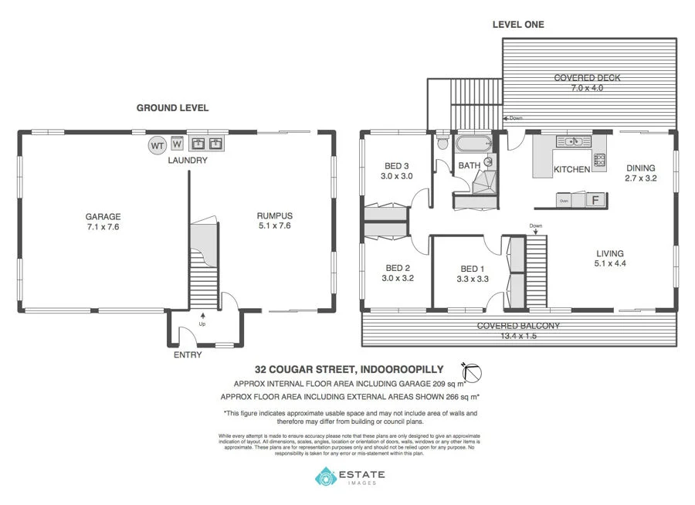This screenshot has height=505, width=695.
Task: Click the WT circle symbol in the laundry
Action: tap(157, 145)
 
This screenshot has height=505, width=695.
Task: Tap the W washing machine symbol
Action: tap(177, 144)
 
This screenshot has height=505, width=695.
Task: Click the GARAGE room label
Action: tap(103, 217)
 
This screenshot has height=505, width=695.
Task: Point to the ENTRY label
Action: tap(188, 355)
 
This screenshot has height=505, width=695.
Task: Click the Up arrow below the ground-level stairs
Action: tap(203, 315)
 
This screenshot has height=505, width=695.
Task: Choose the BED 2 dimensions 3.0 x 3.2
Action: tap(398, 279)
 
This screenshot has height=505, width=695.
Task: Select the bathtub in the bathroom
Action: tap(473, 144)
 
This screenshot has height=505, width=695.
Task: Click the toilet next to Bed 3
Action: tap(441, 144)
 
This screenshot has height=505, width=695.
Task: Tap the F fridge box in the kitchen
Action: tap(595, 200)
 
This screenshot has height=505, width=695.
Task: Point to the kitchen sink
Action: tap(572, 141)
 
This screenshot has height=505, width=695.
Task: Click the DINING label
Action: tap(640, 168)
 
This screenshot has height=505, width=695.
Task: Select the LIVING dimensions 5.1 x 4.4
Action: tap(609, 264)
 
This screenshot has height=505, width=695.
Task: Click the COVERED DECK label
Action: tap(587, 78)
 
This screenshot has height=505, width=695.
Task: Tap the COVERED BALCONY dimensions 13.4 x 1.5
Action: tap(518, 337)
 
